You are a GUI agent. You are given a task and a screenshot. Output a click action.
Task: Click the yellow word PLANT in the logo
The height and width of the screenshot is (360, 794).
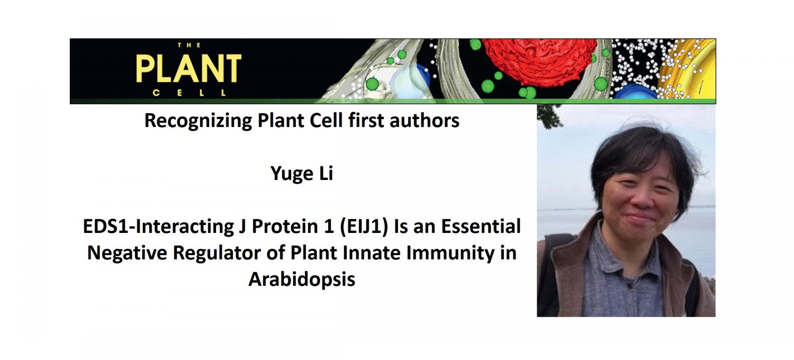click(188, 69)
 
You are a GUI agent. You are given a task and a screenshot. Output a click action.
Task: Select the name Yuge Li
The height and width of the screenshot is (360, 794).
click(302, 174)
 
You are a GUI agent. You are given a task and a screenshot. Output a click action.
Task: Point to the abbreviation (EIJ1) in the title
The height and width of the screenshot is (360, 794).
click(363, 227)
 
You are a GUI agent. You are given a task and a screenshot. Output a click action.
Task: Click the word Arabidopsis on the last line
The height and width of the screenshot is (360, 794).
click(302, 279)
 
